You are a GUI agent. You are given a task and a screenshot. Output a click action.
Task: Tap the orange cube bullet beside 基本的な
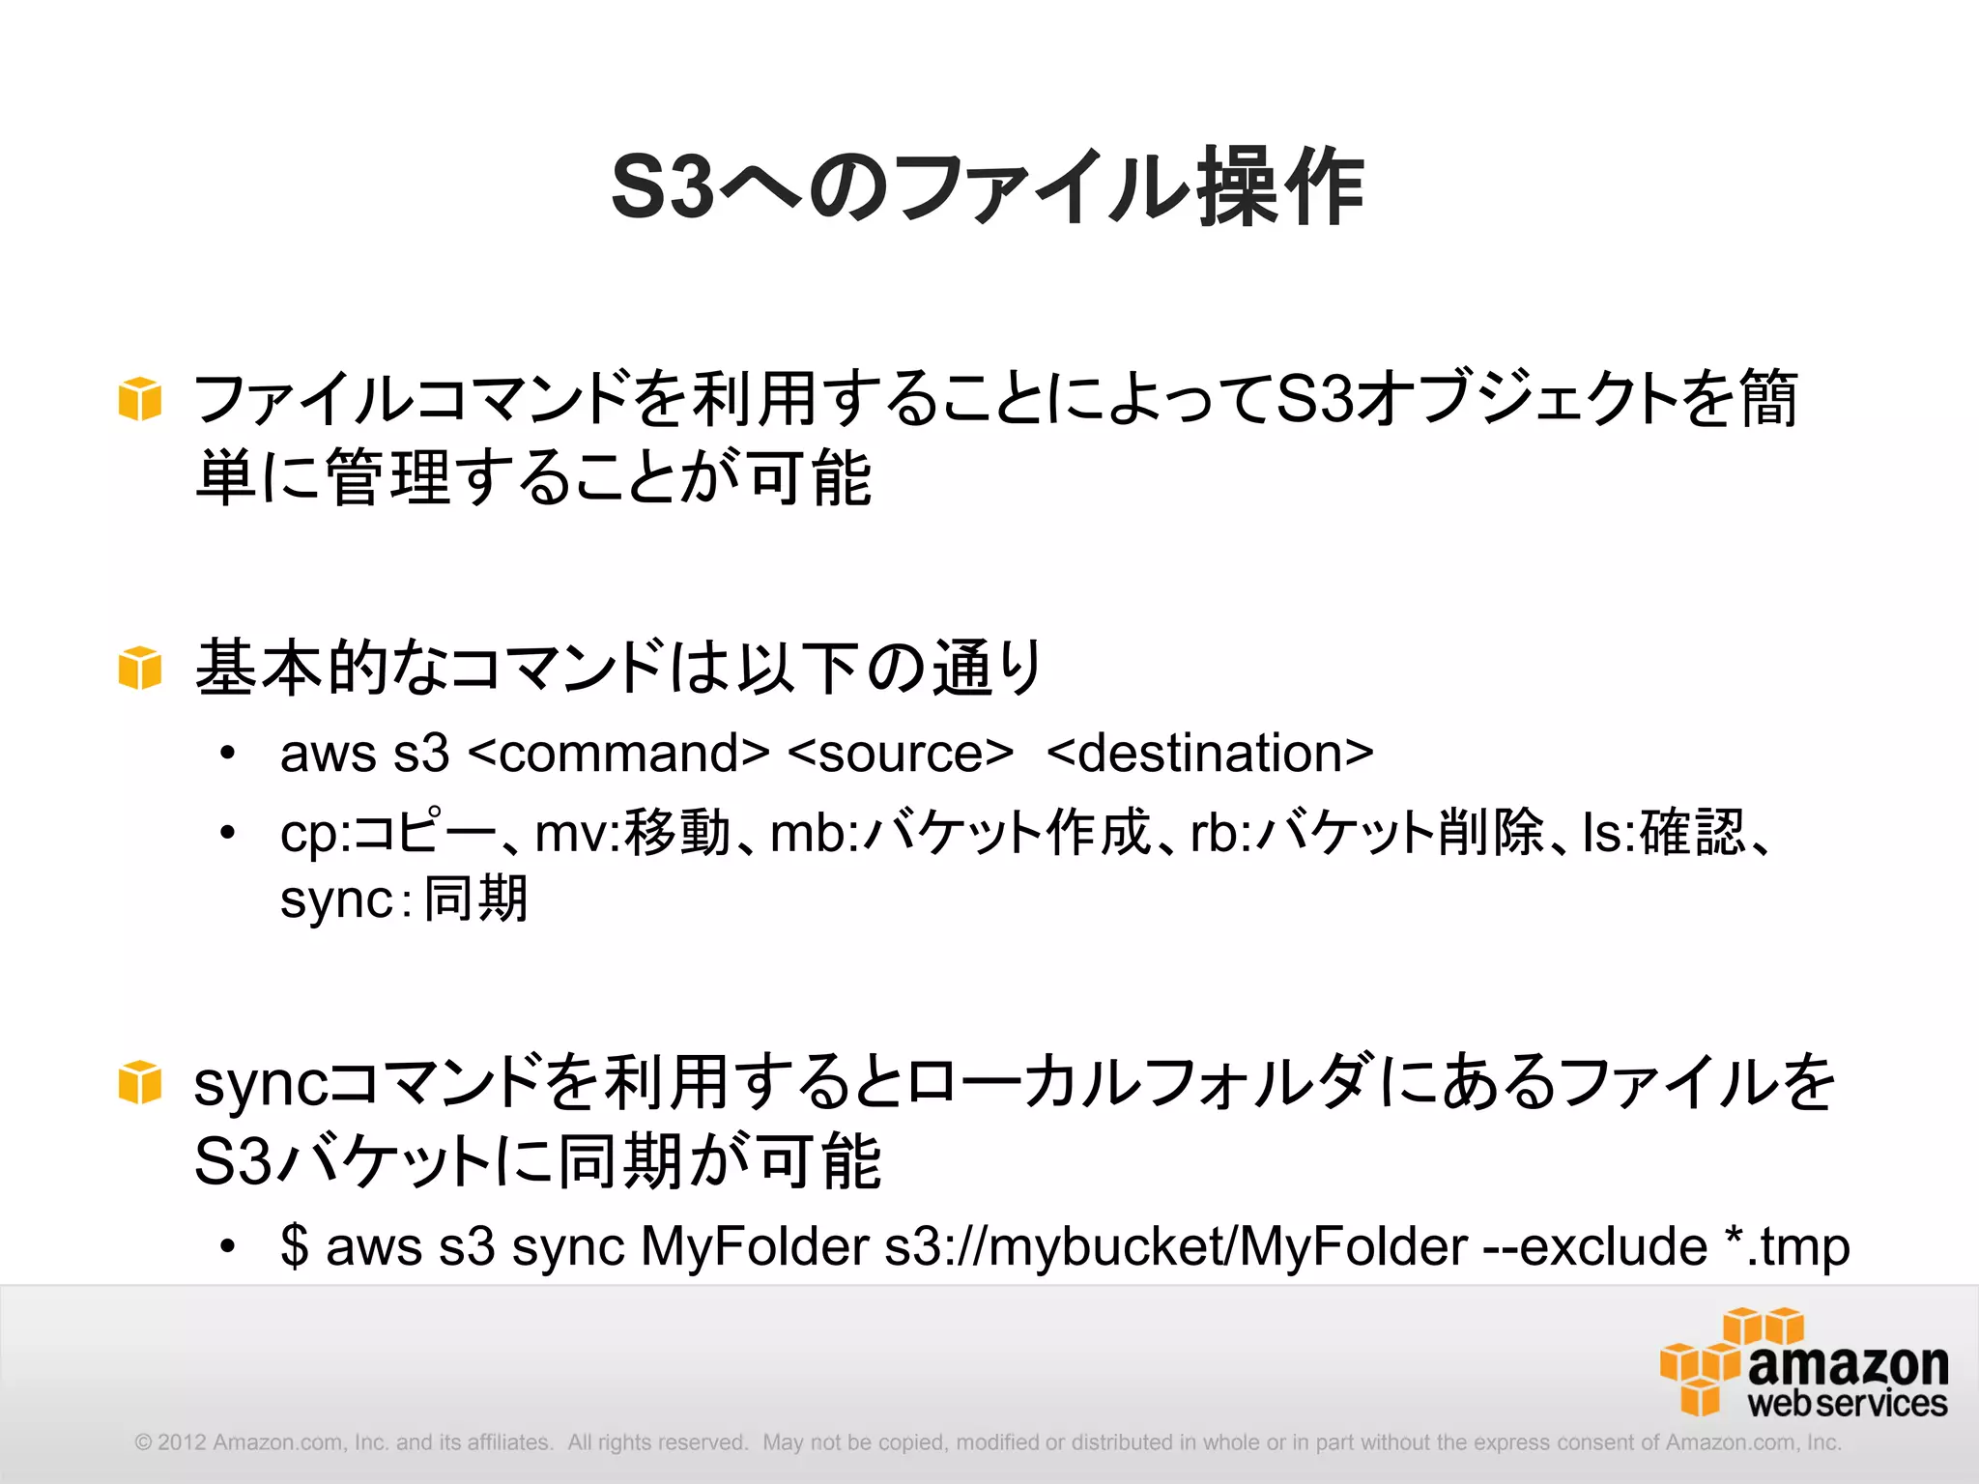pos(139,668)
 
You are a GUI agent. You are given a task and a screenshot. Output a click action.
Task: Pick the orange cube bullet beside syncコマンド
pos(139,1082)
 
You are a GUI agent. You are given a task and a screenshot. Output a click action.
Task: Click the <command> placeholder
pos(618,753)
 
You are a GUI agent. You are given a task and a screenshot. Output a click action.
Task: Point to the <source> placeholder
pos(901,753)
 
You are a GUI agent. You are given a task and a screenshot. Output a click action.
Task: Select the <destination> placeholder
pos(1210,753)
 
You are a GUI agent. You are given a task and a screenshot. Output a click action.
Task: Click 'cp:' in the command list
pos(315,833)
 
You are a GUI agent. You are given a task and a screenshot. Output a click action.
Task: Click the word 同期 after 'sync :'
pos(476,899)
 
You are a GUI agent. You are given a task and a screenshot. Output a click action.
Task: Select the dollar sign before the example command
pos(294,1245)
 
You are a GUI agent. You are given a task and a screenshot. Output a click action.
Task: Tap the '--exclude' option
pos(1594,1245)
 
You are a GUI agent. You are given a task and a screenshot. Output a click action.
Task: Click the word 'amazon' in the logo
pos(1848,1364)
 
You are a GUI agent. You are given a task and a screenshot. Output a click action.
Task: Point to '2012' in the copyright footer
pos(182,1442)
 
